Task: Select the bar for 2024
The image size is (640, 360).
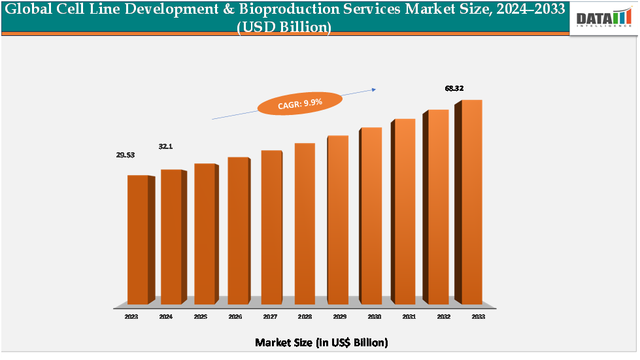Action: point(171,237)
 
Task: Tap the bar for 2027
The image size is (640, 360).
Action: point(271,227)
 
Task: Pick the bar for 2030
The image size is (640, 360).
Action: point(371,216)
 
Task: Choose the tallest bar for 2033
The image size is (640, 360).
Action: point(471,202)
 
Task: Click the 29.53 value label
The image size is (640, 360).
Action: point(129,155)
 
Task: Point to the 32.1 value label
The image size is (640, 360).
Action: point(166,146)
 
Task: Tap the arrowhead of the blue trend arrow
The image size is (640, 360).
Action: point(373,90)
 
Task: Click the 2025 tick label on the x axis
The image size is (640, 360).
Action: point(201,316)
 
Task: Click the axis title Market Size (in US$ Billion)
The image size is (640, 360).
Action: point(321,342)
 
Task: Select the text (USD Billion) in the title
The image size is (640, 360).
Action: point(284,27)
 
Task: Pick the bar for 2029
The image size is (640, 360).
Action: point(337,220)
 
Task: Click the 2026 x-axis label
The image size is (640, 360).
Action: point(235,316)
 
